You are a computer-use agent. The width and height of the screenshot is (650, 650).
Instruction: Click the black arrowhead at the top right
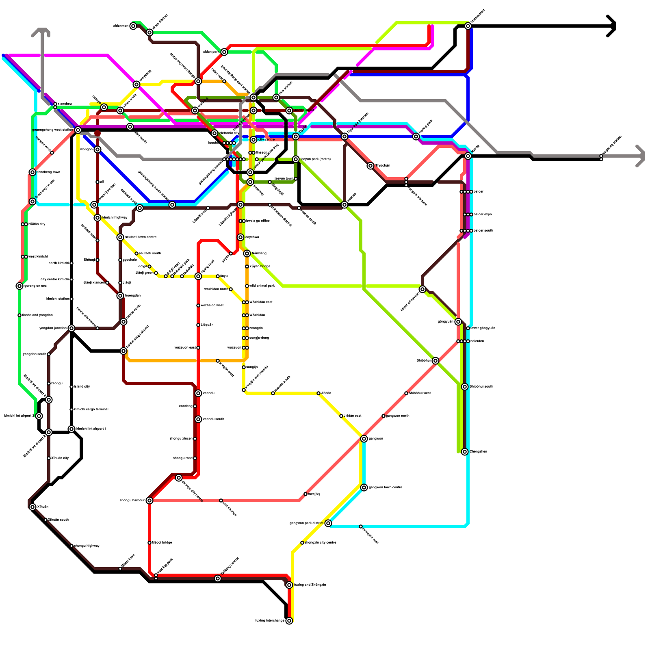coord(613,26)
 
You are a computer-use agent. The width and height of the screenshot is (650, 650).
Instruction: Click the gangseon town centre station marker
coord(364,487)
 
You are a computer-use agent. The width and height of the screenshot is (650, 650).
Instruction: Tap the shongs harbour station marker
coord(149,500)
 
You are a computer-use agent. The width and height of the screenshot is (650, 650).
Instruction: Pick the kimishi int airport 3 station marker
coord(39,416)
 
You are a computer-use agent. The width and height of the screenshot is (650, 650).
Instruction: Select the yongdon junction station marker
coord(71,328)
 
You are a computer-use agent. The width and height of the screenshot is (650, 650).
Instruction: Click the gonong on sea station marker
coord(19,286)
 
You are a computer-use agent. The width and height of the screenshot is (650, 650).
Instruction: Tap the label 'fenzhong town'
coord(48,172)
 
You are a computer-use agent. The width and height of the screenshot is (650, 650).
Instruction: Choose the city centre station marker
coord(253,140)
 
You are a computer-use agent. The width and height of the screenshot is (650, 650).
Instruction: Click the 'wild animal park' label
coord(262,286)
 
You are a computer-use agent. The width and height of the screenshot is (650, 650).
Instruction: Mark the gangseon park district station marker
coord(328,523)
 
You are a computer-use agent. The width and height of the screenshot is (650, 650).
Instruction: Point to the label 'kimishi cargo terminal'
coord(91,409)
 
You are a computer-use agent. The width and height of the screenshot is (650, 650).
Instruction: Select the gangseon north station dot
coord(383,416)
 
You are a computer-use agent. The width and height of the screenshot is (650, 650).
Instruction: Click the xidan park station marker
coord(224,52)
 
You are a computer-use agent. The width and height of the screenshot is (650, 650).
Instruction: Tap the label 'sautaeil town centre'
coord(141,237)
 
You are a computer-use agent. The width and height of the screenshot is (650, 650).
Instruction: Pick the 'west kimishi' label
coord(38,257)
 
